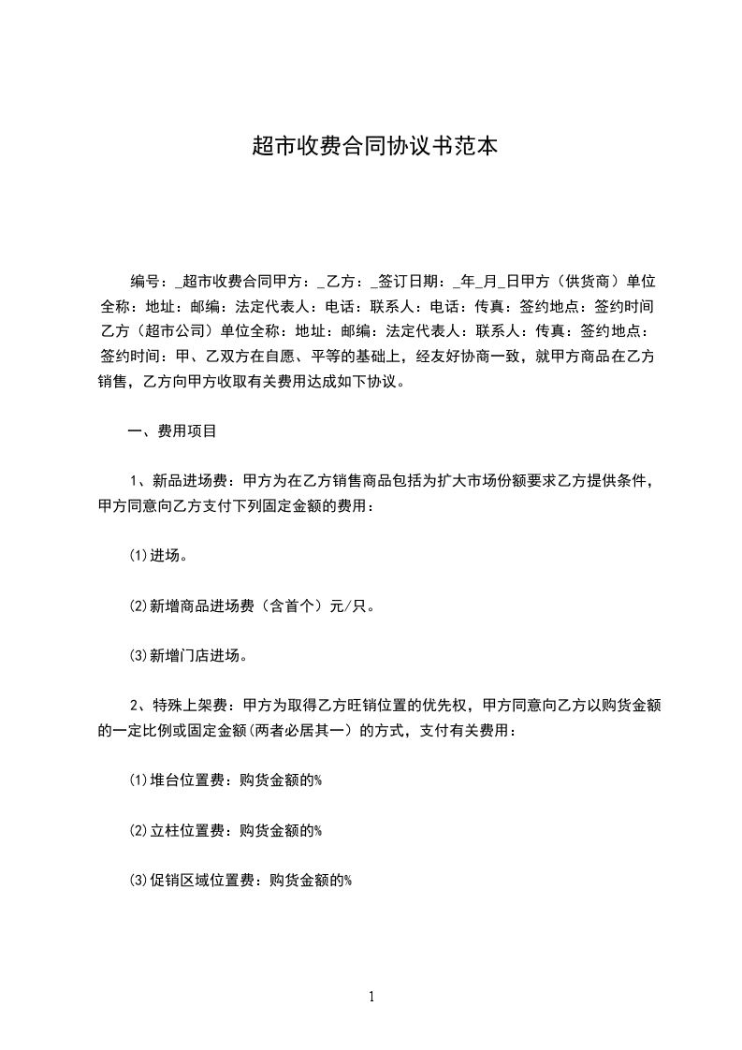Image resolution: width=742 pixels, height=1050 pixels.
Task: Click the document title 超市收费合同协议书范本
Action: tap(371, 146)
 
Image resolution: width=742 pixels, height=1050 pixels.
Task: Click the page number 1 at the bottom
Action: tap(371, 997)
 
